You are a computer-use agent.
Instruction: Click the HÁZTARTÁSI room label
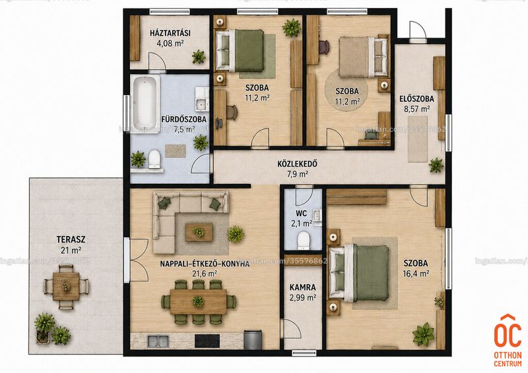170,33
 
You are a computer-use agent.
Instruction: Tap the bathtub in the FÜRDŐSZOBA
145,103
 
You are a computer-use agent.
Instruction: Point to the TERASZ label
71,240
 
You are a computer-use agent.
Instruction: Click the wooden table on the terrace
66,287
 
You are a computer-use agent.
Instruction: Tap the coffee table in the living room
199,232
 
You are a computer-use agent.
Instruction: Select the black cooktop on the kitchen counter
207,341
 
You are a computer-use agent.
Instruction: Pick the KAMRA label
303,287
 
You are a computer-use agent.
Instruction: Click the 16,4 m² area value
416,273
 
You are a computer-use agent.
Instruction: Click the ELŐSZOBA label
416,99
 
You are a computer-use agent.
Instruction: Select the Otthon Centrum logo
508,340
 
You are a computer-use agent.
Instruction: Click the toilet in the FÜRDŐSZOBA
154,159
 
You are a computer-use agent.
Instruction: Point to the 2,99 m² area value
303,298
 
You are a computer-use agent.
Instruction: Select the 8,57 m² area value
416,109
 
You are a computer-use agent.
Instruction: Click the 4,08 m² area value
170,43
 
